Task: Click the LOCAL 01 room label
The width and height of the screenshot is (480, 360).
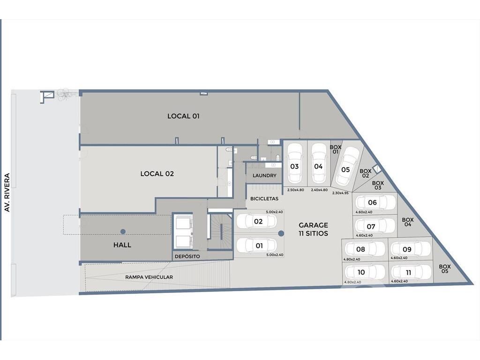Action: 183,116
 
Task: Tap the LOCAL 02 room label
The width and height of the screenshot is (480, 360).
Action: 157,173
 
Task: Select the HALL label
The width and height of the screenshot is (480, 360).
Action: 122,245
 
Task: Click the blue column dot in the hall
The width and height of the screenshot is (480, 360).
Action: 123,232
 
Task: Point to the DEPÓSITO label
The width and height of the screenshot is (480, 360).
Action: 187,256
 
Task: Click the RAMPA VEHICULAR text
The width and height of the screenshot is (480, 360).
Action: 149,277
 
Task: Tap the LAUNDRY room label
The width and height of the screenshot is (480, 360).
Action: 264,175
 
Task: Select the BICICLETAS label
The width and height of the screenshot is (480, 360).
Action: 264,199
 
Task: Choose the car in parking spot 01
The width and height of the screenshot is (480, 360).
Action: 257,245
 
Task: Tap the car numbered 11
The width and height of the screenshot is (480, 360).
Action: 411,272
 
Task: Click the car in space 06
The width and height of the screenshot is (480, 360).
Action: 375,202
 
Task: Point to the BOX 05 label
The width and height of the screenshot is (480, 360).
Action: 445,269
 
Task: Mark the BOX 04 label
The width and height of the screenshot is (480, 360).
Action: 408,222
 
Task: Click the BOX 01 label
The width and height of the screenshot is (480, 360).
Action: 336,150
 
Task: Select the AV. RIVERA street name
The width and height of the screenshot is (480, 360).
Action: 7,193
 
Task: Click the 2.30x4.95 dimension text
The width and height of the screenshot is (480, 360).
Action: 340,193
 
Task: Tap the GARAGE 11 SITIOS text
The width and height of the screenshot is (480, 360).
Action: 314,229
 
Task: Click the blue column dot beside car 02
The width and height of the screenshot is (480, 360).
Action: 281,233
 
